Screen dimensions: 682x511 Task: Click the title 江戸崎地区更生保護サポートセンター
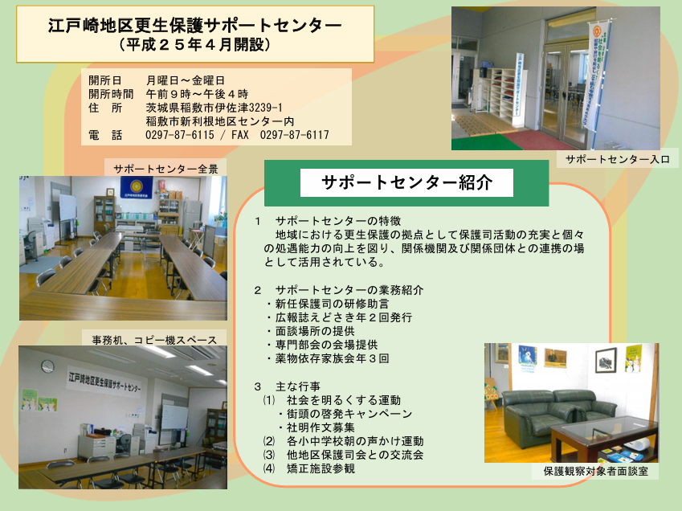click(195, 25)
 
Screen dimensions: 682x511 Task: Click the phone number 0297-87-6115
click(180, 135)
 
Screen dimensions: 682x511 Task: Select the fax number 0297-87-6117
click(295, 135)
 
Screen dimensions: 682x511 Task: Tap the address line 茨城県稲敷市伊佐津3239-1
click(214, 108)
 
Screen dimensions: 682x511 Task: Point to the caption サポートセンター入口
click(617, 160)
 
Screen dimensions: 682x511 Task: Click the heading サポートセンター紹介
click(406, 182)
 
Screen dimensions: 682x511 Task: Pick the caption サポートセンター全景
click(165, 170)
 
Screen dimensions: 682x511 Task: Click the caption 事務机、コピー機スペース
click(154, 340)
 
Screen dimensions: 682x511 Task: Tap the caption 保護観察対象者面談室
click(595, 471)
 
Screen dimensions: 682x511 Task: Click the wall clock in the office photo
click(48, 366)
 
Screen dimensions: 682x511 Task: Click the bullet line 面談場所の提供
click(311, 331)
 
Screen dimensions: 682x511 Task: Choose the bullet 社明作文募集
click(317, 427)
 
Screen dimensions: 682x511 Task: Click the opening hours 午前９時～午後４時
click(197, 94)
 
